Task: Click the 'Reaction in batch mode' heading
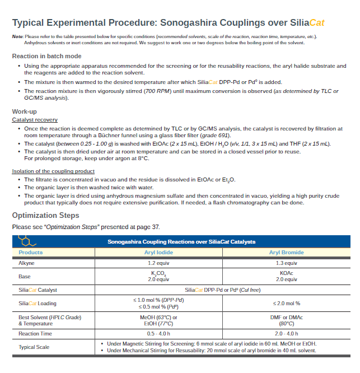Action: tap(46, 56)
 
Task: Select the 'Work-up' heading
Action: tap(25, 111)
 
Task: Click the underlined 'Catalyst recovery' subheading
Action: tap(35, 120)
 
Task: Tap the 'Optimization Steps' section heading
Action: tap(45, 216)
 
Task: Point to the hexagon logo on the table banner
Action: tap(26, 241)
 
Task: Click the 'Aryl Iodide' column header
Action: tap(158, 253)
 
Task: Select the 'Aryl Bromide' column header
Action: tap(286, 253)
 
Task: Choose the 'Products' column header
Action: tap(31, 253)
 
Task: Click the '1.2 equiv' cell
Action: tap(158, 263)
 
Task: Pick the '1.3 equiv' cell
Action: tap(286, 263)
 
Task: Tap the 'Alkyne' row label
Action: tap(26, 263)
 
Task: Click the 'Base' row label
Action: tap(25, 276)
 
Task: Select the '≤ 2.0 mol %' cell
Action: tap(286, 304)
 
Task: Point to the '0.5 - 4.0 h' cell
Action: tap(158, 334)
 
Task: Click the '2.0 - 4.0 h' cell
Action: tap(286, 334)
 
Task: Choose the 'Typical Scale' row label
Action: tap(34, 347)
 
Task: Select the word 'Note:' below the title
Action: tap(17, 36)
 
